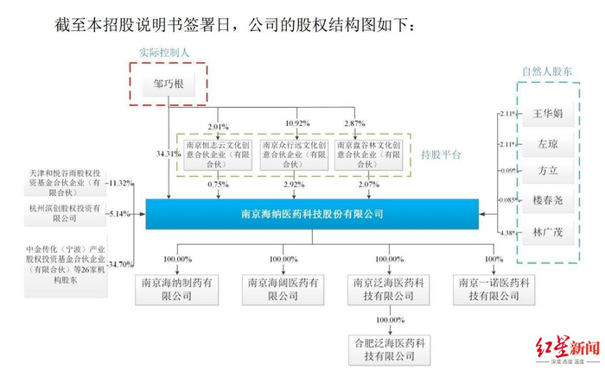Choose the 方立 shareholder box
[548, 171]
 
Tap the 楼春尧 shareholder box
[548, 201]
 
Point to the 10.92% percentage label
[297, 122]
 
